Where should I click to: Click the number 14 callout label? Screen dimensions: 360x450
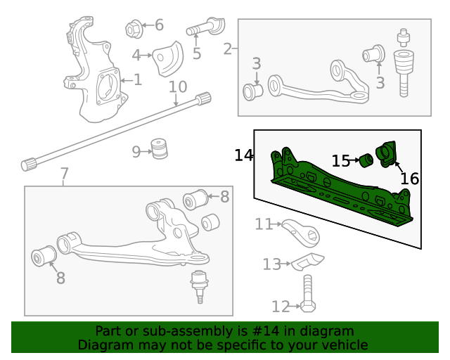click(x=244, y=155)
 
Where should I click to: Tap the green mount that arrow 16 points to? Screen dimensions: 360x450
click(x=386, y=154)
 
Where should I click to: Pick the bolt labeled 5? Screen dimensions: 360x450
click(x=206, y=30)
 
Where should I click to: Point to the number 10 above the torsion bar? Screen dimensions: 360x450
click(x=178, y=87)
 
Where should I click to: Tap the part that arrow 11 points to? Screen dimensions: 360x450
click(x=300, y=229)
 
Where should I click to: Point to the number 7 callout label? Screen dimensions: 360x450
click(x=64, y=174)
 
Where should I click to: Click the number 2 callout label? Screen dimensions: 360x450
click(x=227, y=49)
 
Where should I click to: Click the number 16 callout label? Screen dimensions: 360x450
click(x=409, y=179)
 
